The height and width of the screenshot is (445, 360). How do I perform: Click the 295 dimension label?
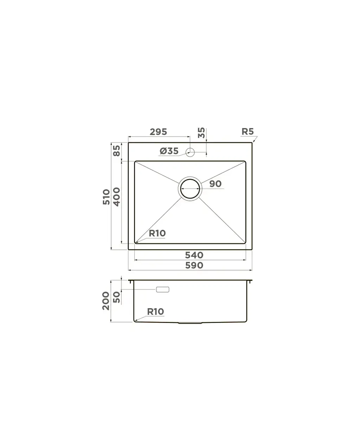158,132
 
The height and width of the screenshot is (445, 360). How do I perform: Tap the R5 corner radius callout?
247,132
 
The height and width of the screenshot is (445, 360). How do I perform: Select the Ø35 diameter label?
169,151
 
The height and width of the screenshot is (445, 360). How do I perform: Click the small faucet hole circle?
190,152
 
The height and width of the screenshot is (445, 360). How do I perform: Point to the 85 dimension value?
117,151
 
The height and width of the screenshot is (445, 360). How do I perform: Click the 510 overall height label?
106,197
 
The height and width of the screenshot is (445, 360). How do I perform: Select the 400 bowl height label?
117,197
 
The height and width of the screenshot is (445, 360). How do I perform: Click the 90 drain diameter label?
215,184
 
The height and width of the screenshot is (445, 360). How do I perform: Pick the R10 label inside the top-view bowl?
157,233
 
